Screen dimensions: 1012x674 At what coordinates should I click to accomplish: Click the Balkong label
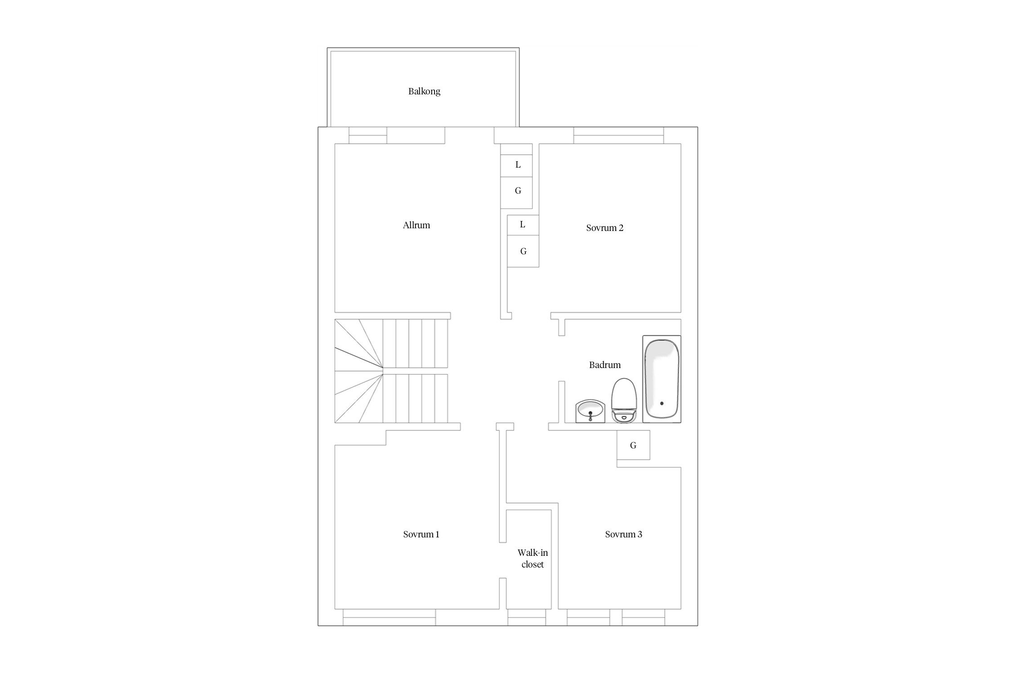pos(424,92)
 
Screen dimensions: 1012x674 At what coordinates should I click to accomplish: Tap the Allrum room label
pos(416,225)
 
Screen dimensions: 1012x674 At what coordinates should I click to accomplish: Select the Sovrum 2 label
pos(605,228)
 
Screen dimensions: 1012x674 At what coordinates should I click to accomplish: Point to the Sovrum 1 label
pos(421,534)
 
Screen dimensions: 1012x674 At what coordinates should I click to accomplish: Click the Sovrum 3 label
pos(623,534)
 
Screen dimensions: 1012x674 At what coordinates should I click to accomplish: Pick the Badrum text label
pos(605,365)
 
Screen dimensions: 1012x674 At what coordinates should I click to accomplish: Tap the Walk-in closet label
pos(533,559)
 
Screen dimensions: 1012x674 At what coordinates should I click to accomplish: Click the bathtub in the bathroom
pos(662,379)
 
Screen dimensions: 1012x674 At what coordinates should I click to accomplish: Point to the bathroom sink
pos(590,411)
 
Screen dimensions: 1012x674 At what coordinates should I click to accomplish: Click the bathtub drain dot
pos(662,404)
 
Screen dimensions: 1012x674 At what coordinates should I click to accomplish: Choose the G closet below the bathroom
pos(633,445)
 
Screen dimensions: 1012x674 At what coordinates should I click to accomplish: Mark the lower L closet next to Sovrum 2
pos(523,225)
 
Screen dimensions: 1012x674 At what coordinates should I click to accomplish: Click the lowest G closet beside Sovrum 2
pos(523,251)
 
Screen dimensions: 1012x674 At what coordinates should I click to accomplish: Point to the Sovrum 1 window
pos(389,617)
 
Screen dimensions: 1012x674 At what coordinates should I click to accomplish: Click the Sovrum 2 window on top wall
pos(618,135)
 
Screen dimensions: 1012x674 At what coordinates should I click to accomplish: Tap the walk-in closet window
pos(527,617)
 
